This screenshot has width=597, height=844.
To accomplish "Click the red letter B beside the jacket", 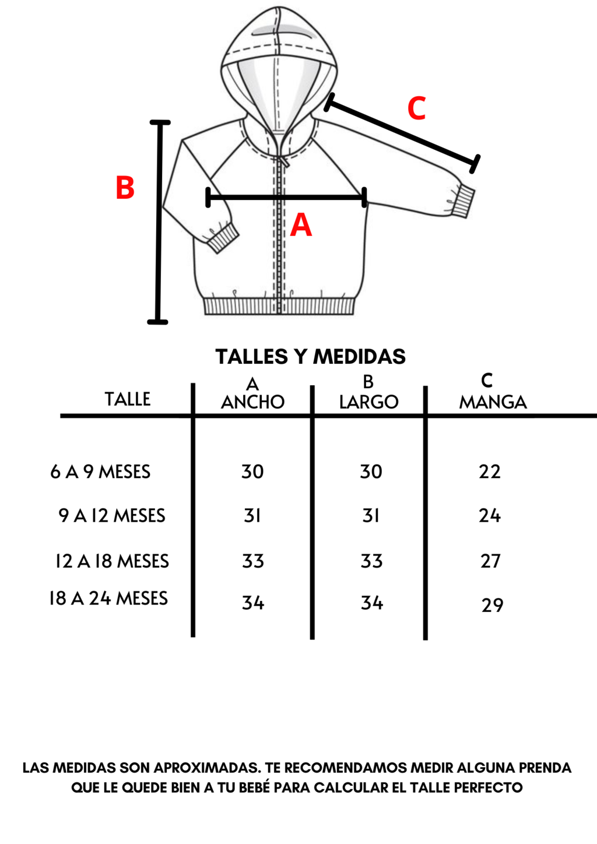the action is pyautogui.click(x=125, y=187).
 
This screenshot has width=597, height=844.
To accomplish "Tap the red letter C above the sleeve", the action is pyautogui.click(x=416, y=108).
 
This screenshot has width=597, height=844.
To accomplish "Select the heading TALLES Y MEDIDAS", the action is pyautogui.click(x=310, y=357).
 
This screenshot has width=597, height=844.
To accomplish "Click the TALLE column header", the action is pyautogui.click(x=128, y=399).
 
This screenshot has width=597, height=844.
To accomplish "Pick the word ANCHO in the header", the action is pyautogui.click(x=252, y=402).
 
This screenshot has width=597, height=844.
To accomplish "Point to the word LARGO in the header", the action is pyautogui.click(x=368, y=402).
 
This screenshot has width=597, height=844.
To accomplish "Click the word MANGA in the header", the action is pyautogui.click(x=493, y=402).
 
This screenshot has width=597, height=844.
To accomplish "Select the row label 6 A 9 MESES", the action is pyautogui.click(x=100, y=472).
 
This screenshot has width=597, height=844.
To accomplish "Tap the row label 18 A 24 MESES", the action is pyautogui.click(x=108, y=599).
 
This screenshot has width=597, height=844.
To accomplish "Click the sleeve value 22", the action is pyautogui.click(x=490, y=472).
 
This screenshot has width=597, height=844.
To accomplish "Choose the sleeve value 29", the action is pyautogui.click(x=492, y=606).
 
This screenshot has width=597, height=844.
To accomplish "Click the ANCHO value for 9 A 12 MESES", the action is pyautogui.click(x=252, y=515).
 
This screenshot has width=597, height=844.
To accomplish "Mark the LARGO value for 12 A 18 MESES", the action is pyautogui.click(x=371, y=561).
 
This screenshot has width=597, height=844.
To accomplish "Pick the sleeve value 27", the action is pyautogui.click(x=490, y=561).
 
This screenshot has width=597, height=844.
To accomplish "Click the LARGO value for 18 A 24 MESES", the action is pyautogui.click(x=372, y=603).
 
